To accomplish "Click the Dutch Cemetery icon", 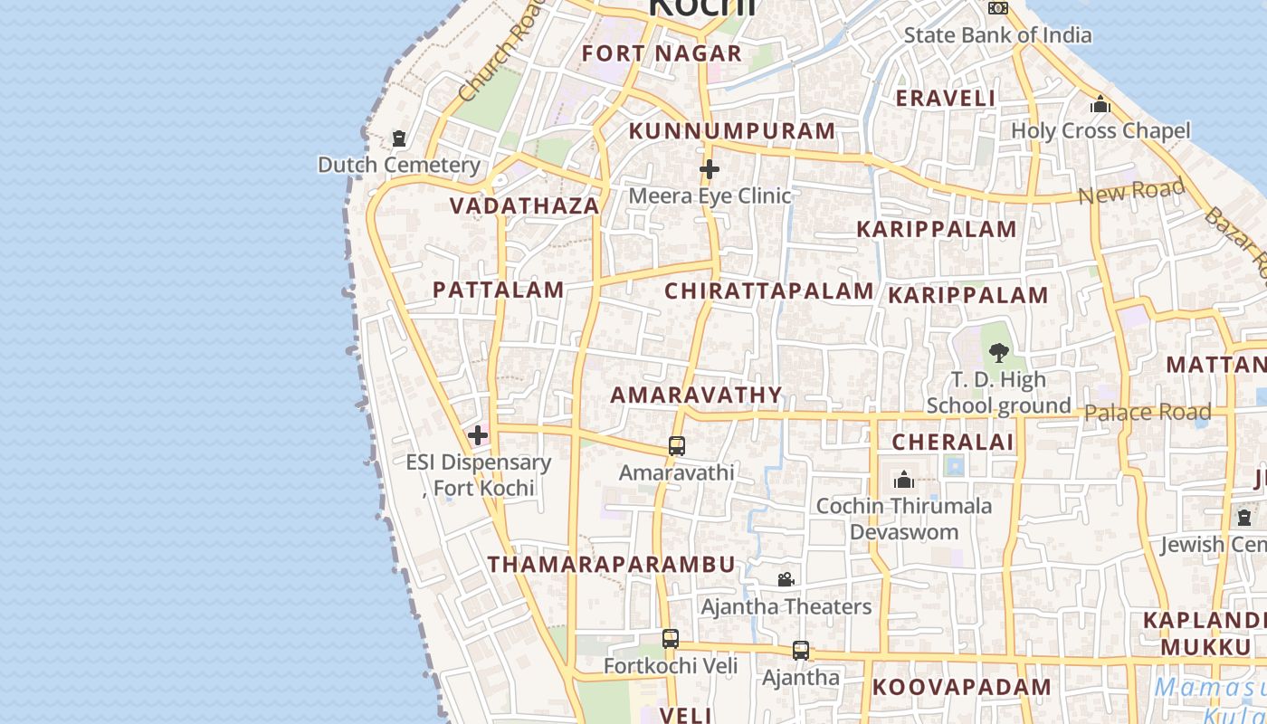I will click(399, 139).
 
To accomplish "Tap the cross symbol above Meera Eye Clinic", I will click(710, 169).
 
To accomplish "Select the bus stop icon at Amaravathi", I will click(677, 446).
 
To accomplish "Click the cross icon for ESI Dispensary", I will click(478, 436).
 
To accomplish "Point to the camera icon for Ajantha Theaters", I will click(786, 579).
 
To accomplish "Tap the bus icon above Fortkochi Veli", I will click(670, 639).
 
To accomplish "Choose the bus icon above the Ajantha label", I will click(801, 651).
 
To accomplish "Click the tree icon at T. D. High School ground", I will click(999, 352).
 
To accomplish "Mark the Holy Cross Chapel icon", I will click(1100, 105).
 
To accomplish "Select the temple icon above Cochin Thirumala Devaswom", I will click(904, 480).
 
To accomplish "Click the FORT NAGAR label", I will click(662, 53).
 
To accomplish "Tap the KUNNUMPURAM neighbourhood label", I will click(732, 131).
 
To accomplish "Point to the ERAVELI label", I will click(946, 99).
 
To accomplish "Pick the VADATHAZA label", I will click(525, 206).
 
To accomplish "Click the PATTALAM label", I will click(499, 291).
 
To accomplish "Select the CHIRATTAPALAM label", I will click(769, 291).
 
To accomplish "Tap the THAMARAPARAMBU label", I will click(612, 565).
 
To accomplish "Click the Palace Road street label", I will click(1148, 413).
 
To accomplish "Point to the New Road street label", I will click(1131, 192).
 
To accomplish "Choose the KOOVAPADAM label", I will click(962, 687).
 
